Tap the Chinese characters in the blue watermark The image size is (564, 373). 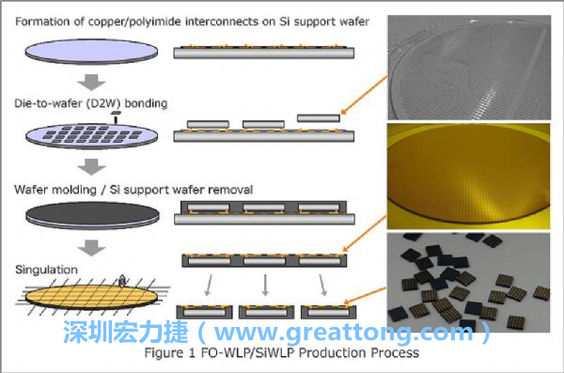[x=118, y=333]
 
